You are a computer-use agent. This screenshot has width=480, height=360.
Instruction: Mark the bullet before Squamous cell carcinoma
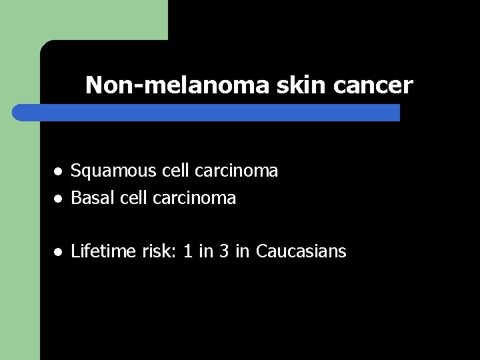pyautogui.click(x=59, y=172)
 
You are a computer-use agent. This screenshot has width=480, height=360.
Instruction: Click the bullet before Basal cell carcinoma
pyautogui.click(x=59, y=199)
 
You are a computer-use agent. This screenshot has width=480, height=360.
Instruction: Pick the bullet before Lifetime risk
pyautogui.click(x=59, y=252)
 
